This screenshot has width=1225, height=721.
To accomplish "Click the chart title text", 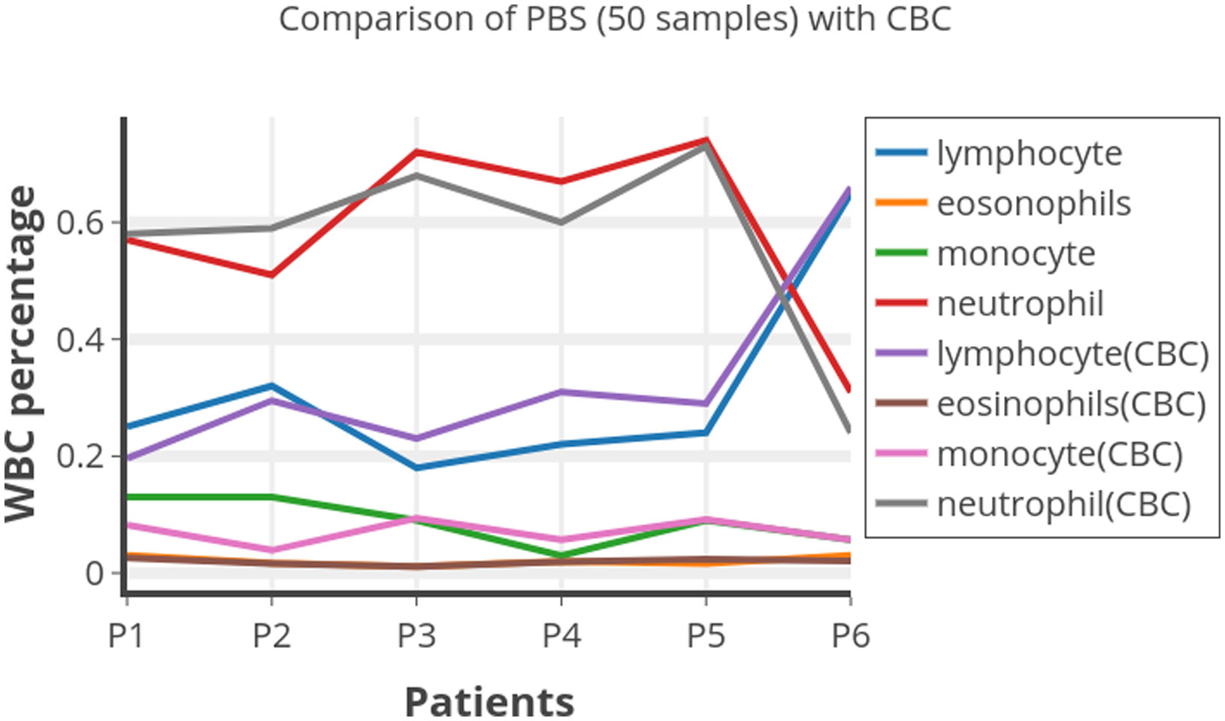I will (x=614, y=19).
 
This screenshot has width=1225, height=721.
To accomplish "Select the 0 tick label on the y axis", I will (x=95, y=573).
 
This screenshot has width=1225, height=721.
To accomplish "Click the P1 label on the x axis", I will (x=126, y=636).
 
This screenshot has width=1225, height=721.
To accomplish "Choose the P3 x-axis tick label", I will (x=416, y=636).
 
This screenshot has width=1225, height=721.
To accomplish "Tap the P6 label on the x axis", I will (x=850, y=636).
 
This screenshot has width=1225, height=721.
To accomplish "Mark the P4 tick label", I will (x=561, y=636).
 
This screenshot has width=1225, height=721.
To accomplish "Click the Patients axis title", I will (x=489, y=701).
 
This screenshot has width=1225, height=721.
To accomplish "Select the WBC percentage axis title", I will (x=21, y=353).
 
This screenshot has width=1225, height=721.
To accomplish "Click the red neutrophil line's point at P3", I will (x=416, y=152).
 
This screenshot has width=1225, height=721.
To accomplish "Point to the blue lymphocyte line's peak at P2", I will (x=271, y=386).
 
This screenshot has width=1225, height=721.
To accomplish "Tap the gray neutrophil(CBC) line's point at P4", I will (x=561, y=223).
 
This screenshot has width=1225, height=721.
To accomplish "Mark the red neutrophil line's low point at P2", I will (x=271, y=275).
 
